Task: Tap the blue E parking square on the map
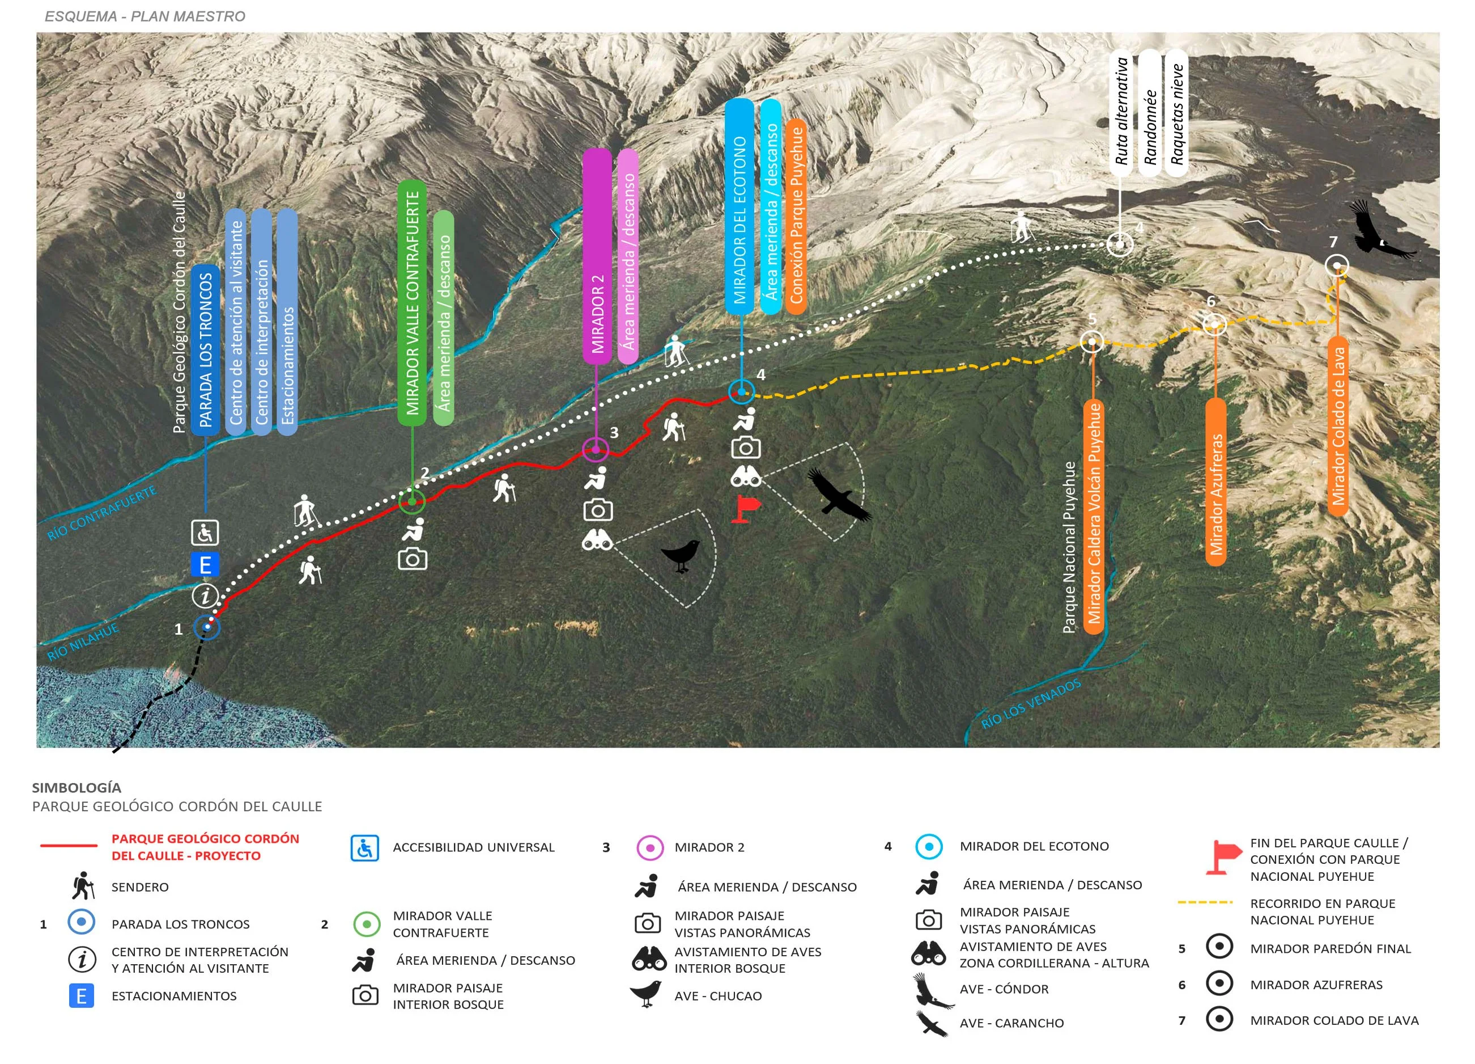[x=205, y=564]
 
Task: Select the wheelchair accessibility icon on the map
[x=205, y=533]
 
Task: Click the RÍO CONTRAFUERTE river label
[x=102, y=513]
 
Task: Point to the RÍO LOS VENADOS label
[x=1031, y=703]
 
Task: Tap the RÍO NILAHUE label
[x=83, y=641]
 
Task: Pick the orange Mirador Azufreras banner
[x=1215, y=482]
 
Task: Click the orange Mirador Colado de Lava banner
[x=1338, y=427]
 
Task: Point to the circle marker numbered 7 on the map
[x=1337, y=265]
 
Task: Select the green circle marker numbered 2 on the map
[x=411, y=501]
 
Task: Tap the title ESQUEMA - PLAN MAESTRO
[x=145, y=16]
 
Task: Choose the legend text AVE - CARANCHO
[x=1011, y=1023]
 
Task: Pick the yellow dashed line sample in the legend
[x=1205, y=902]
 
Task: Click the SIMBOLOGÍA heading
[x=76, y=787]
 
